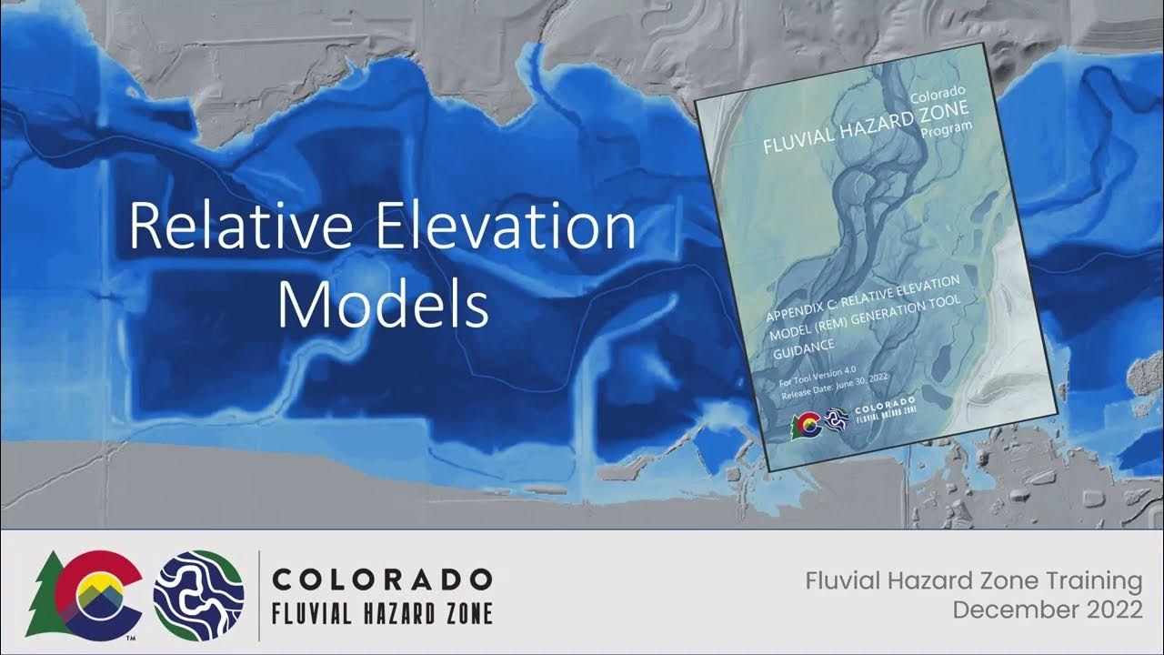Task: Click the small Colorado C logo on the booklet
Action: pyautogui.click(x=805, y=424)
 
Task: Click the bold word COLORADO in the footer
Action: pyautogui.click(x=382, y=579)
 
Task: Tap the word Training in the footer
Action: pyautogui.click(x=1087, y=580)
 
